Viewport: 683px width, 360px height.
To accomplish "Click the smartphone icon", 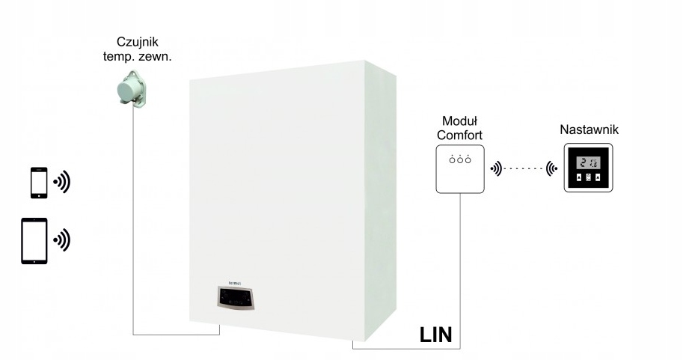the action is click(x=39, y=183).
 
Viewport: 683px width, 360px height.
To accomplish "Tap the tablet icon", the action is click(x=34, y=240).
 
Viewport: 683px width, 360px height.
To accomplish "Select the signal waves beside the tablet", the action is click(x=61, y=240).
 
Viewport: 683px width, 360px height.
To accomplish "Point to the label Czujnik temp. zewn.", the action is click(x=138, y=48).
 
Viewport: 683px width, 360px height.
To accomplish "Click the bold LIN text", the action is click(x=435, y=333).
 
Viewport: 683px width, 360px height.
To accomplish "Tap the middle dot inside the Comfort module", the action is click(x=459, y=159).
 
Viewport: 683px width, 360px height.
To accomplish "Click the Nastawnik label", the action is click(x=589, y=129).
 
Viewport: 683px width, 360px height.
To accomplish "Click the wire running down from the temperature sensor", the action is click(x=133, y=225).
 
